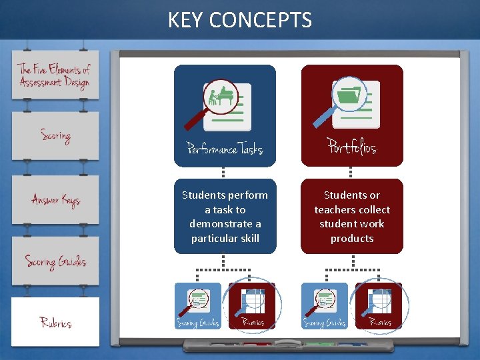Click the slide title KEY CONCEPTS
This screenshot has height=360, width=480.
240,20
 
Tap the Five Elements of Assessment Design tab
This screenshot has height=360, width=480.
55,75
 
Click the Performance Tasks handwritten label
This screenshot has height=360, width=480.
225,148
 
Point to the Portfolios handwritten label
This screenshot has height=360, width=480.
352,146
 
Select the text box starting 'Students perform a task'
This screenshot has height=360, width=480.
225,216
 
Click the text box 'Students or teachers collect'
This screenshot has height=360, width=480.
352,216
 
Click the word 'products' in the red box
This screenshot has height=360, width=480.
352,238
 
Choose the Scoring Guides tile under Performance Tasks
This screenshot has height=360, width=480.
197,306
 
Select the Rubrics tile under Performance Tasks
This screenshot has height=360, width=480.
252,306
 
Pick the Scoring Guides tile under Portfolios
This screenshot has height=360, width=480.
324,306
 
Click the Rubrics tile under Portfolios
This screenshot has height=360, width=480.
379,306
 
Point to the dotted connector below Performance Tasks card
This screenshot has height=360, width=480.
224,173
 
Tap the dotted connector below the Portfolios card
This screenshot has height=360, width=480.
351,173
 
